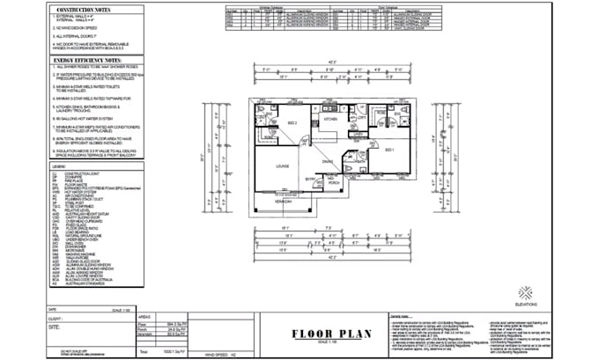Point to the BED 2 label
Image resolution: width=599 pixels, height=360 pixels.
pyautogui.click(x=273, y=122)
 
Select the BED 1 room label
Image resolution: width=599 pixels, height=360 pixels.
pyautogui.click(x=388, y=151)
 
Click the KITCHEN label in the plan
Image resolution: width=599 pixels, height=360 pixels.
pyautogui.click(x=329, y=117)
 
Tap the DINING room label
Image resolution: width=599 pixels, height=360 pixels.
pyautogui.click(x=327, y=161)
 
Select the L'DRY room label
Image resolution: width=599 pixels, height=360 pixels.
pyautogui.click(x=359, y=116)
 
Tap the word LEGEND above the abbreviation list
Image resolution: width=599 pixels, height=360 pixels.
pyautogui.click(x=58, y=165)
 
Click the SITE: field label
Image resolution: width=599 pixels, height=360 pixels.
pyautogui.click(x=56, y=326)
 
